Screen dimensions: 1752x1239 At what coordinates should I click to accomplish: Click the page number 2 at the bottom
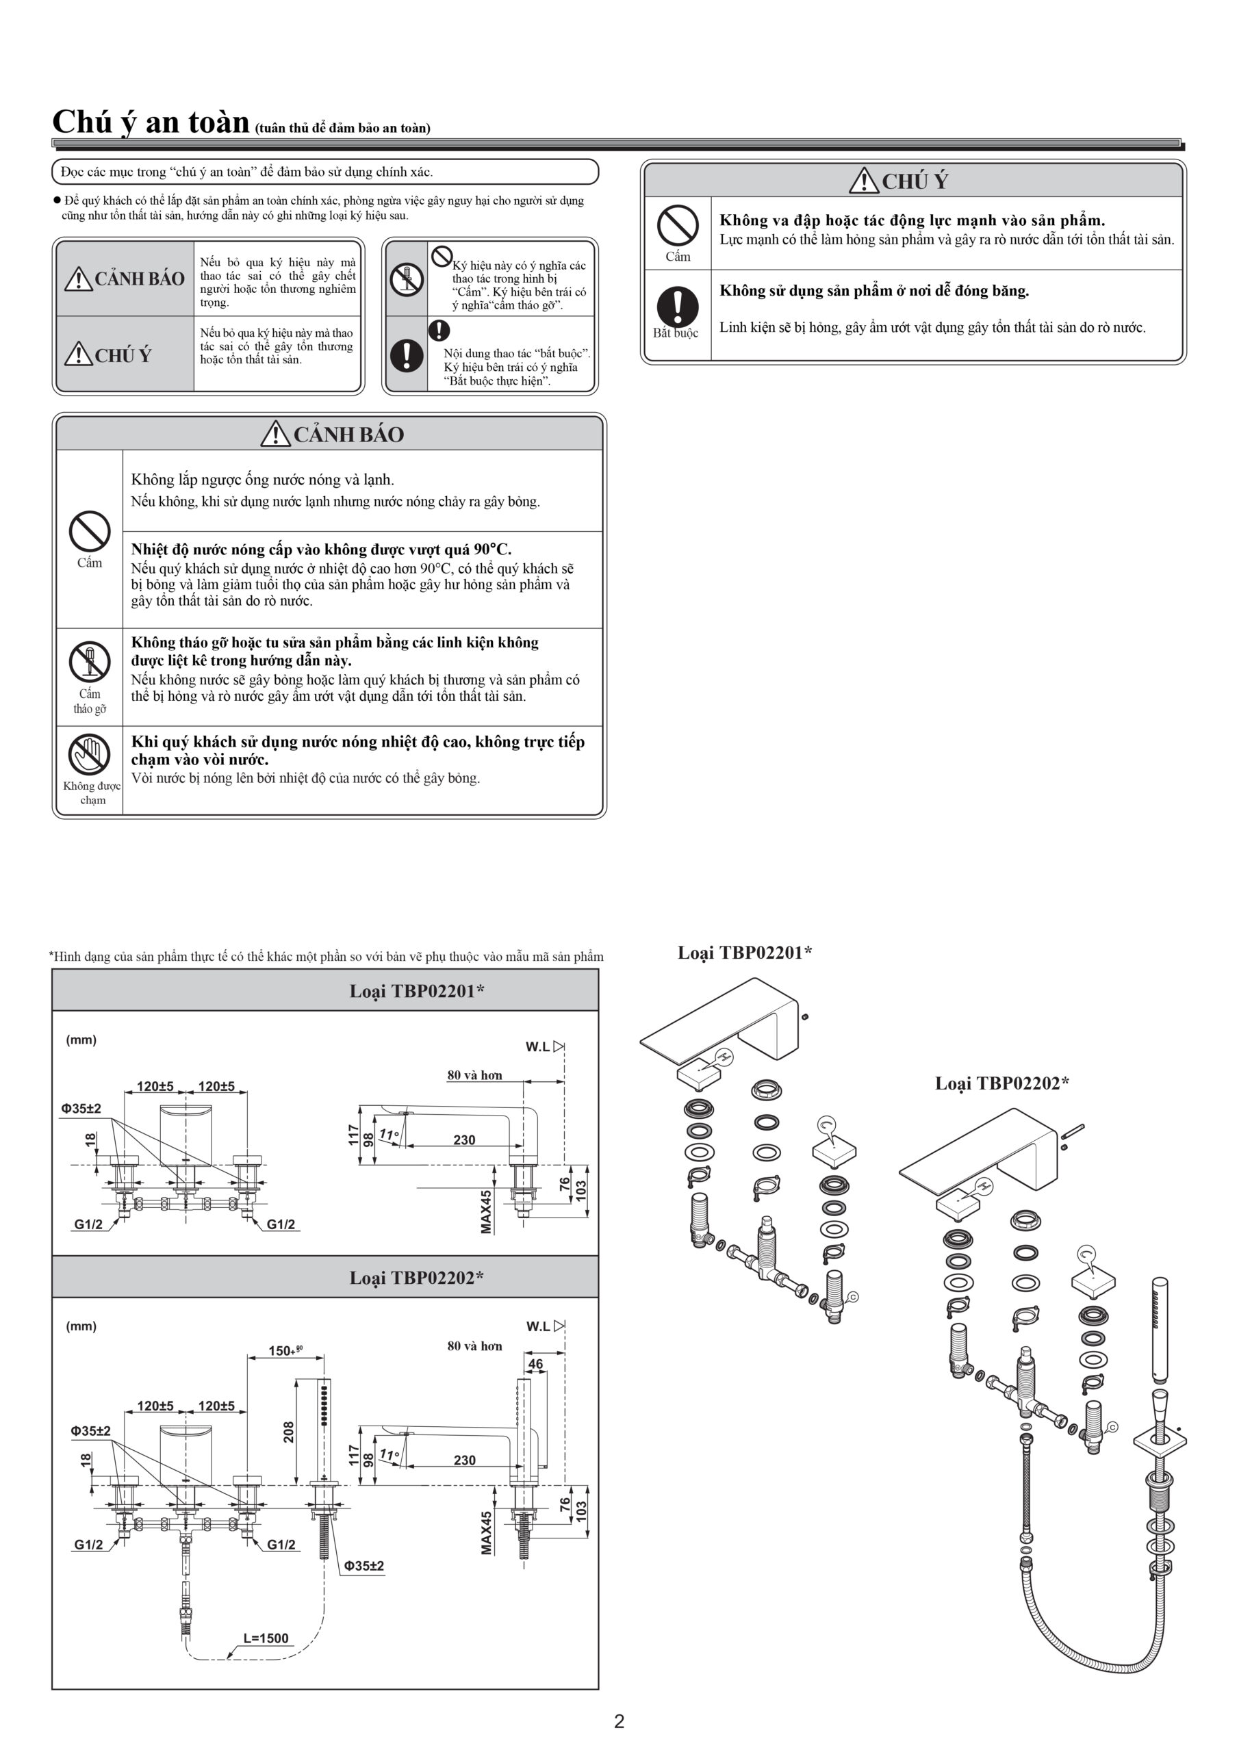(x=619, y=1721)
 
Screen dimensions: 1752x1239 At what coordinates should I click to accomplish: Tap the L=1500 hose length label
(x=266, y=1638)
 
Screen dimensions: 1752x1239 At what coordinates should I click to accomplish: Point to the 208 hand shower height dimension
(x=289, y=1432)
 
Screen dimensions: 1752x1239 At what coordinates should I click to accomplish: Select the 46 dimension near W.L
(x=536, y=1363)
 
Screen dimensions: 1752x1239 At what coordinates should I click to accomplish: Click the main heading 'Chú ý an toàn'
(x=151, y=122)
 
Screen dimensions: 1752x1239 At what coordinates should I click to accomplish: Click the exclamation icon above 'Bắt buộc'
(x=677, y=306)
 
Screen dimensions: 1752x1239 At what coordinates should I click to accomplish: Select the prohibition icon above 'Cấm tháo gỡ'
(x=90, y=662)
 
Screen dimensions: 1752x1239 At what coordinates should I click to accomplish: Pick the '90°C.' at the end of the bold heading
(x=492, y=550)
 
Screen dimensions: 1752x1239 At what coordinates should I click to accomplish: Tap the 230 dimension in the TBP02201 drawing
(x=464, y=1140)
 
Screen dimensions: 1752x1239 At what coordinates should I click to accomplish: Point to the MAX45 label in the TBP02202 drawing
(x=486, y=1532)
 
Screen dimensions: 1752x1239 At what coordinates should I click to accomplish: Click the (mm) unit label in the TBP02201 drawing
(x=81, y=1040)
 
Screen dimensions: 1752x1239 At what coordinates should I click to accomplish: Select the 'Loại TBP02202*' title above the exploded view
(x=1001, y=1083)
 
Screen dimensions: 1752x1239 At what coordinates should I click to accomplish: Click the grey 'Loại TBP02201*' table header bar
(x=325, y=990)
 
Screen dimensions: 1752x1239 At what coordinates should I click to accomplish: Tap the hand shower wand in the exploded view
(x=1160, y=1332)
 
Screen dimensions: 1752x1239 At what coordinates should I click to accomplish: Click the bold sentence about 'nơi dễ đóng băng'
(x=874, y=291)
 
